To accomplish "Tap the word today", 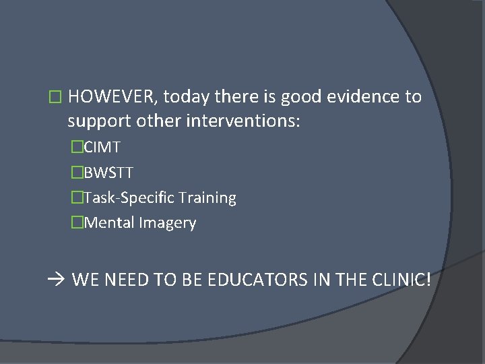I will pyautogui.click(x=186, y=97).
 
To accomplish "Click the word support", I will pyautogui.click(x=99, y=123).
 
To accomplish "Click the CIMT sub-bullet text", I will pyautogui.click(x=102, y=147).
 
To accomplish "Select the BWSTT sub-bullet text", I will pyautogui.click(x=108, y=173).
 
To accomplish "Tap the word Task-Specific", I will pyautogui.click(x=129, y=198).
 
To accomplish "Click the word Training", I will pyautogui.click(x=207, y=198).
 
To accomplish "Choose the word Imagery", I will pyautogui.click(x=168, y=223).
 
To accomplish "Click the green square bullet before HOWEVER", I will pyautogui.click(x=55, y=98).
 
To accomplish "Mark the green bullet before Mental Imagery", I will pyautogui.click(x=76, y=223).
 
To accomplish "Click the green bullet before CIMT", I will pyautogui.click(x=76, y=147).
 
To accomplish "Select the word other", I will pyautogui.click(x=158, y=123).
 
